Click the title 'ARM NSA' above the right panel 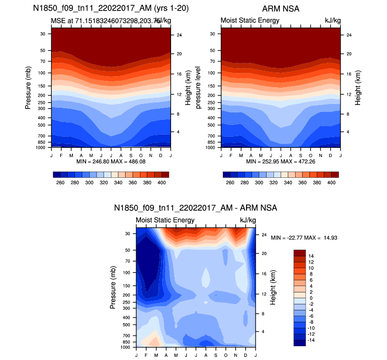tap(280, 9)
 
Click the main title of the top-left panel tap(111, 9)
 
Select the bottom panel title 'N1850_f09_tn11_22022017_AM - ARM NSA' tap(195, 208)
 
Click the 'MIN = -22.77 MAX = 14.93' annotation tap(304, 238)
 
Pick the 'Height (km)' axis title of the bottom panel tap(273, 287)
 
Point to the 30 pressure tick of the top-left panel tap(42, 34)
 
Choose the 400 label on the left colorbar tap(162, 182)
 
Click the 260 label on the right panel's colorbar tap(230, 182)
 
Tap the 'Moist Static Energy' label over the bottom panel tap(165, 220)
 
